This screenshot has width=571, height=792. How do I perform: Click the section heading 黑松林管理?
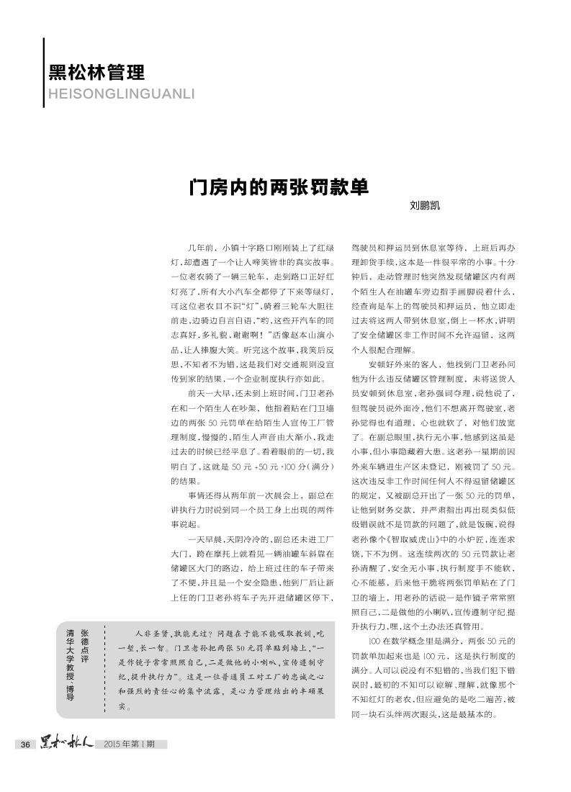point(96,72)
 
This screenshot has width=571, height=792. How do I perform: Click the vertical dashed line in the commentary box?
point(105,667)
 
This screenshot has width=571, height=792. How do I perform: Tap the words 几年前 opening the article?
point(199,247)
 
